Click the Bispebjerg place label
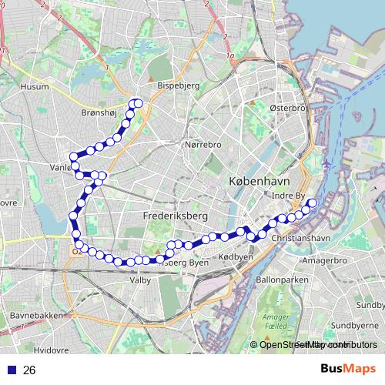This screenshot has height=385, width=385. point(178,87)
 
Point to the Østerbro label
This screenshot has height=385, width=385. point(288,109)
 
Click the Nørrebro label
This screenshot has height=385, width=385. point(203,144)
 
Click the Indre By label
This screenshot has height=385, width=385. point(290,196)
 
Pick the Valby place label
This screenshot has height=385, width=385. point(139,280)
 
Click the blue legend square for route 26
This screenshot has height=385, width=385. point(11,370)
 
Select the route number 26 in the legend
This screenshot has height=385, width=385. point(29,370)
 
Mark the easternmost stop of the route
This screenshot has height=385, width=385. point(313,203)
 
